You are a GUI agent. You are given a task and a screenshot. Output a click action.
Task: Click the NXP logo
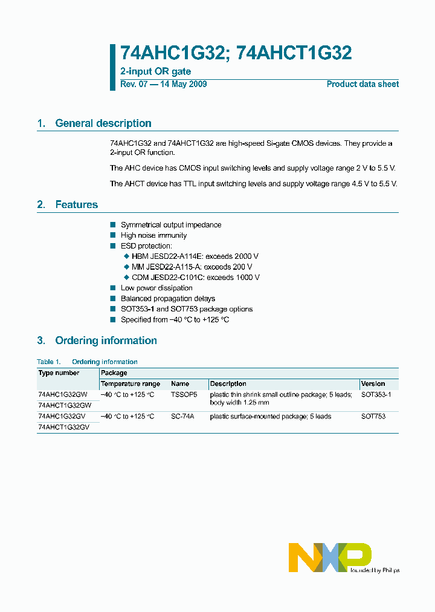pos(329,557)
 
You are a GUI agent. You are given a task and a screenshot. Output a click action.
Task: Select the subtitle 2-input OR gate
pos(156,72)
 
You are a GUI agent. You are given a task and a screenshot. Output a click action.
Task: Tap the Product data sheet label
pos(362,84)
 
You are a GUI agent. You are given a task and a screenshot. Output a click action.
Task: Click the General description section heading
pos(103,123)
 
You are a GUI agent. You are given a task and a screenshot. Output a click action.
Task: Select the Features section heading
pos(76,205)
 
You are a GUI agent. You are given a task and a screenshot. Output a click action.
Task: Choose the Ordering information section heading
pos(106,340)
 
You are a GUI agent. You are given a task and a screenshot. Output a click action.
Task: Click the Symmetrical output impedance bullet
pos(171,225)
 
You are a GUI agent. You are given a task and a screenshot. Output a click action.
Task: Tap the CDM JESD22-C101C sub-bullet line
pos(195,278)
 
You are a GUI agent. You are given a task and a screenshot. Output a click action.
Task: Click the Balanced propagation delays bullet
pos(167,299)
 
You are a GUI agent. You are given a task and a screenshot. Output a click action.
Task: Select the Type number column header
pos(59,373)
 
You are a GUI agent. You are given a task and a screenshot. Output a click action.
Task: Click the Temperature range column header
pos(130,384)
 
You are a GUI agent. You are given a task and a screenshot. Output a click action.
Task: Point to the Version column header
pos(373,384)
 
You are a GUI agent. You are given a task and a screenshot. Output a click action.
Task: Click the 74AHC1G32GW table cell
pos(63,394)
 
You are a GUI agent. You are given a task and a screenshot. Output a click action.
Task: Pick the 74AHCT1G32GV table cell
pos(63,427)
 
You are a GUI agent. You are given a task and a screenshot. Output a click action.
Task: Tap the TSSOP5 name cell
pos(184,394)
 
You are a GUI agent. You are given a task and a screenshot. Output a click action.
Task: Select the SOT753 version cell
pos(373,417)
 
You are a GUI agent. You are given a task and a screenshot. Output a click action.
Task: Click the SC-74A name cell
pos(182,417)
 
